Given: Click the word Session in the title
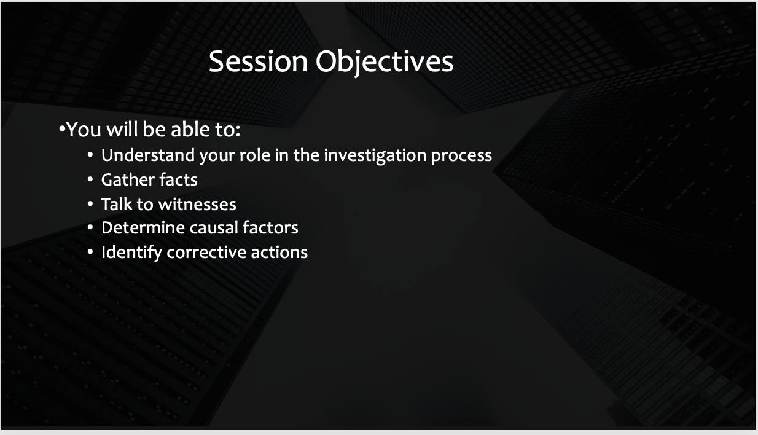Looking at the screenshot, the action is click(258, 61).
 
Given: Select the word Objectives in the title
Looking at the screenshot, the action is click(385, 63).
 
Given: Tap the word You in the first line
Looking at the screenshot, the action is click(84, 129).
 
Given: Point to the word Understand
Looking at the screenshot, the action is click(148, 155).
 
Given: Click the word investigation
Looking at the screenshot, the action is click(375, 155).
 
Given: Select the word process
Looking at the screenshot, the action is click(461, 156).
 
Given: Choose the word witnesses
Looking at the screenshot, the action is click(197, 205).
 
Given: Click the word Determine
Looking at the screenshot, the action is click(143, 227).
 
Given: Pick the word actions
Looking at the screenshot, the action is click(279, 253).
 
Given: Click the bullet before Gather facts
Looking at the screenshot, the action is click(90, 180).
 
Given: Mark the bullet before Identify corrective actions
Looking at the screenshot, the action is click(90, 252).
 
